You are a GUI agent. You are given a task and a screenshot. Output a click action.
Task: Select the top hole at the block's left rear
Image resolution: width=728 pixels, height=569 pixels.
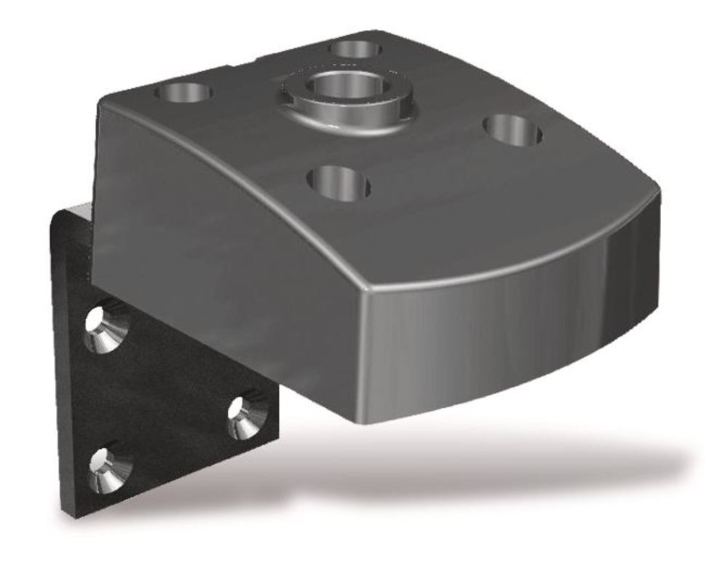[x=185, y=93]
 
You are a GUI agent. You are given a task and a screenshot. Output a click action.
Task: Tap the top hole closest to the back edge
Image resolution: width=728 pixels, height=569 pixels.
[x=355, y=49]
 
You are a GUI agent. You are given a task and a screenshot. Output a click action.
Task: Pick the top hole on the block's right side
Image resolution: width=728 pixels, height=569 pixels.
[x=513, y=130]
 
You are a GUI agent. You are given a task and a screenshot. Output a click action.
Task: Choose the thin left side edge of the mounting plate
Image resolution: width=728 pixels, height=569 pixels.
[x=58, y=364]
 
